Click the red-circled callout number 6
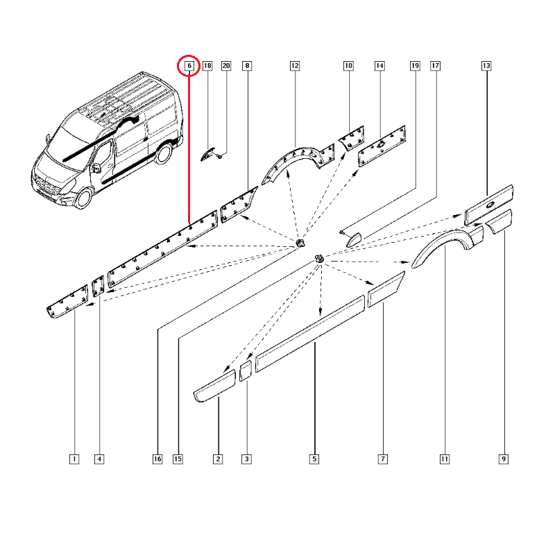tap(189, 65)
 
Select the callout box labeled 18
tap(207, 65)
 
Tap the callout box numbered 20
tap(226, 65)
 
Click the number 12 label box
tap(295, 65)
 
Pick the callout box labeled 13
tap(486, 65)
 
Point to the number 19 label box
tap(415, 65)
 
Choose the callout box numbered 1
tap(74, 459)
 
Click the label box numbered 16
tap(157, 459)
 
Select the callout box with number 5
tap(314, 459)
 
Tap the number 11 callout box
tap(445, 459)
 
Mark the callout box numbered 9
tap(504, 459)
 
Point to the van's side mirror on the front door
tap(96, 168)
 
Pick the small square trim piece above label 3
tap(246, 370)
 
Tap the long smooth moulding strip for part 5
tap(310, 334)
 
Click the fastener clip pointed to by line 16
tap(300, 244)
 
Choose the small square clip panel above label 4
tap(98, 287)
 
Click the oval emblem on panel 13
tap(490, 204)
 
